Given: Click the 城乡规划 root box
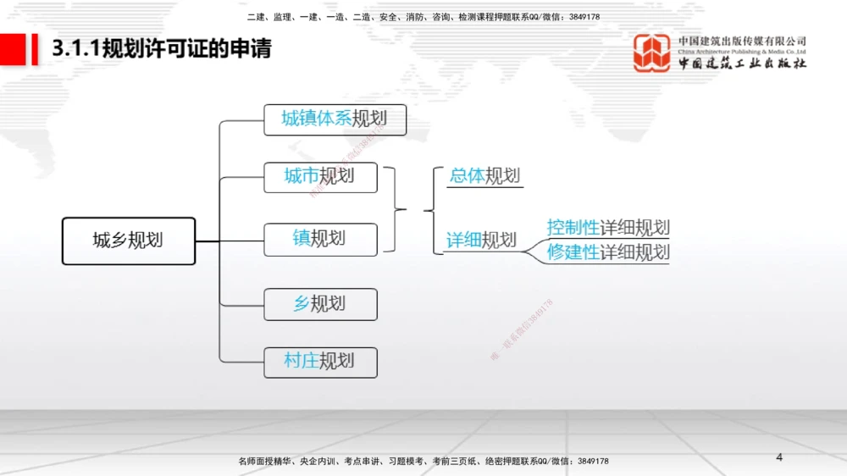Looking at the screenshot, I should (129, 241).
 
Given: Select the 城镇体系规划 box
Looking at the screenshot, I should (335, 119).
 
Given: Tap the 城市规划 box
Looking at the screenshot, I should (320, 176).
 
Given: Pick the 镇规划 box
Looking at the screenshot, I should (320, 239).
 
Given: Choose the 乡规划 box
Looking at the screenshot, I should (320, 304).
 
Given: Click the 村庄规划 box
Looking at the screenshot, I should (320, 362).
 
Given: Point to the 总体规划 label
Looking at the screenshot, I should (484, 176).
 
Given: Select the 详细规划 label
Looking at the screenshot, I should (481, 241).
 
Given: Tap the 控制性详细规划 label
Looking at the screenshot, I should (608, 227).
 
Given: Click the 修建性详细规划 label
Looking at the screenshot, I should (608, 252).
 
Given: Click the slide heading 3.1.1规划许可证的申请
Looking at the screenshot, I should (162, 49).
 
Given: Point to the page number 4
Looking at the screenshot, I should (779, 457).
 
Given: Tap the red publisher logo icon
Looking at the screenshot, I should (652, 53).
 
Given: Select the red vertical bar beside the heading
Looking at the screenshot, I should (36, 49).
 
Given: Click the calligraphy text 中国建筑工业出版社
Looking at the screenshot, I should (742, 64).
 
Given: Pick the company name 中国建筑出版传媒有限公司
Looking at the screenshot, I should (742, 41).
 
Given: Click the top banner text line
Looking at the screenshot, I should (423, 17).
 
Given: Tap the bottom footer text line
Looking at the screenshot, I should (423, 461).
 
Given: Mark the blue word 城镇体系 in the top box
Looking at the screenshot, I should (317, 119).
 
